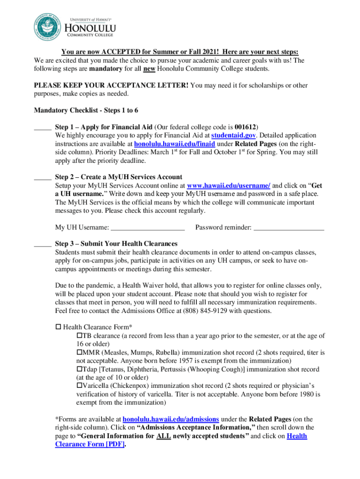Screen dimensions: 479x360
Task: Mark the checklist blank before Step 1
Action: pyautogui.click(x=43, y=127)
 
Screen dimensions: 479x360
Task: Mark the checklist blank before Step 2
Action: pyautogui.click(x=43, y=177)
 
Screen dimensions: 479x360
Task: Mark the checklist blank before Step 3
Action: pyautogui.click(x=43, y=244)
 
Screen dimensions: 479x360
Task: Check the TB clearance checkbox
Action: pyautogui.click(x=79, y=336)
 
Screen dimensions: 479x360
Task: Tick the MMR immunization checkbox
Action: pyautogui.click(x=79, y=353)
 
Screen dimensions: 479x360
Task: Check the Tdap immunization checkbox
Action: pyautogui.click(x=79, y=370)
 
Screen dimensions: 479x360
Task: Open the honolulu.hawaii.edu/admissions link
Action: pyautogui.click(x=171, y=419)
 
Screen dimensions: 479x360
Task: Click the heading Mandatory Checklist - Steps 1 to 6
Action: pyautogui.click(x=86, y=110)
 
